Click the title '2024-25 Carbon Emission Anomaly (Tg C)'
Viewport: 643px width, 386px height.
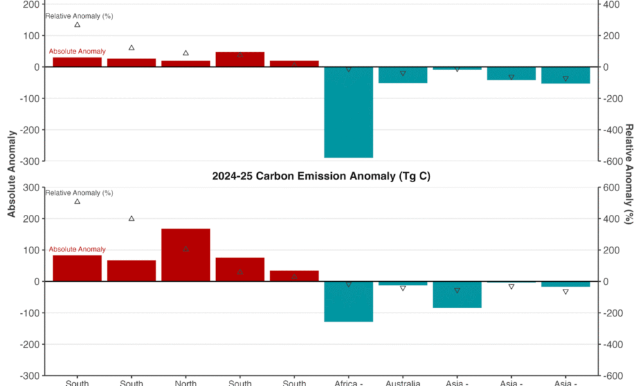pos(321,176)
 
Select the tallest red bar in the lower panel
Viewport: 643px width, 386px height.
pos(186,255)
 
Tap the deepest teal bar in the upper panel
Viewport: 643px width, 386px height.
pos(349,112)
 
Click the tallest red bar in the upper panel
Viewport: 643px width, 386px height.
pos(240,59)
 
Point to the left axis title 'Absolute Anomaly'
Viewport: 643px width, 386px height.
pos(12,174)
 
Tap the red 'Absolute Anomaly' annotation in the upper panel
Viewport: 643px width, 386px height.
pos(77,51)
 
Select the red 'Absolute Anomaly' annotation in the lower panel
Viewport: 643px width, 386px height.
pos(77,250)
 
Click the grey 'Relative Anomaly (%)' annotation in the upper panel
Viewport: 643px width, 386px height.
pos(79,16)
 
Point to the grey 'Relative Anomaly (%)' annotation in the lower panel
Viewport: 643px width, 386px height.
pos(79,193)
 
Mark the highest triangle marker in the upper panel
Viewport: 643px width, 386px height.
pos(77,24)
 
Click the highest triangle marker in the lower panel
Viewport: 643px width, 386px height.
pos(77,201)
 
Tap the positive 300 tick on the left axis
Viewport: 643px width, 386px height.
pos(31,188)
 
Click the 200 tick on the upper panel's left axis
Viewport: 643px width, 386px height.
pos(31,5)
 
